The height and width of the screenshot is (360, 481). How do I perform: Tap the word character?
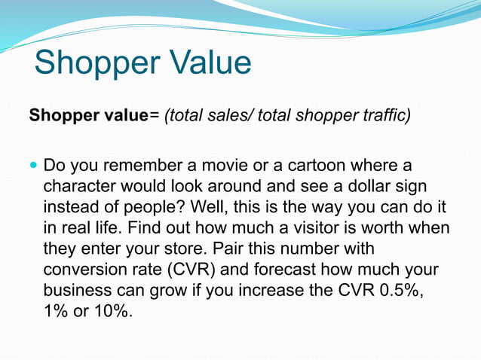(x=78, y=186)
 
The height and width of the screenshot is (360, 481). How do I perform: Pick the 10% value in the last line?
(x=110, y=310)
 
